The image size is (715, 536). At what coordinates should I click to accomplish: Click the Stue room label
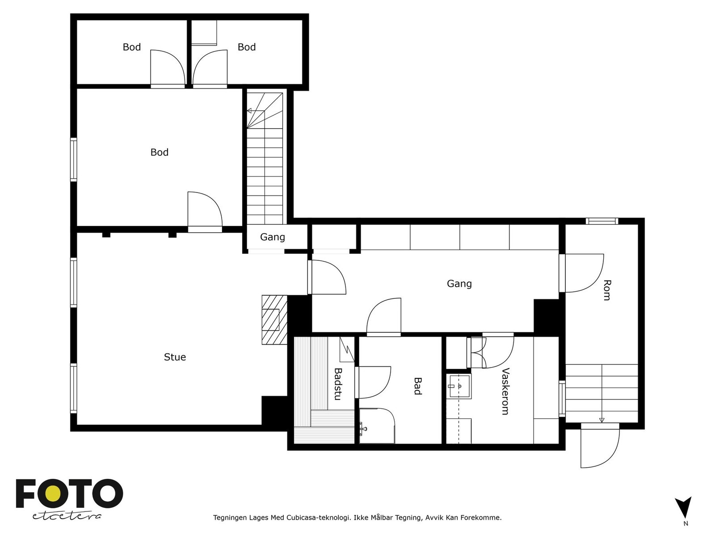[175, 357]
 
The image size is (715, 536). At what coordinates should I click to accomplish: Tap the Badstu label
[338, 384]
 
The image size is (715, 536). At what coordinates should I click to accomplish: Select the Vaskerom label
[505, 391]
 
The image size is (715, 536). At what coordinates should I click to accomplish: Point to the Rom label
[607, 290]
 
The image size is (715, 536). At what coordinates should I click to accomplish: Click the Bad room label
[417, 386]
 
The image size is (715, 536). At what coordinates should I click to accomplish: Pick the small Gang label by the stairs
[272, 237]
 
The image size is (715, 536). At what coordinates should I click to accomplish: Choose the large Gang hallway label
[459, 284]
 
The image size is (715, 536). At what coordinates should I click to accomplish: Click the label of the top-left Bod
[131, 47]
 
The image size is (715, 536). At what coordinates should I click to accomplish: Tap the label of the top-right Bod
[247, 47]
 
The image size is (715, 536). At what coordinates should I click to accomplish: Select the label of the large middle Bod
[159, 152]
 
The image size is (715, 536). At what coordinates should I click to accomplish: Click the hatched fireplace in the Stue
[274, 319]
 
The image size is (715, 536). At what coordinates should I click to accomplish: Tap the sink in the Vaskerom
[460, 386]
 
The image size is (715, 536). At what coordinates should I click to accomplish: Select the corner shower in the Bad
[377, 426]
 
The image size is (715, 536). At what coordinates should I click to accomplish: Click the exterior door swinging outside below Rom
[600, 445]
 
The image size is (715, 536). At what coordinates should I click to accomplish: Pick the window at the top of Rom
[601, 221]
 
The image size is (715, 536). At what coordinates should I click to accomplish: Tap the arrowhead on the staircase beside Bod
[249, 111]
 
